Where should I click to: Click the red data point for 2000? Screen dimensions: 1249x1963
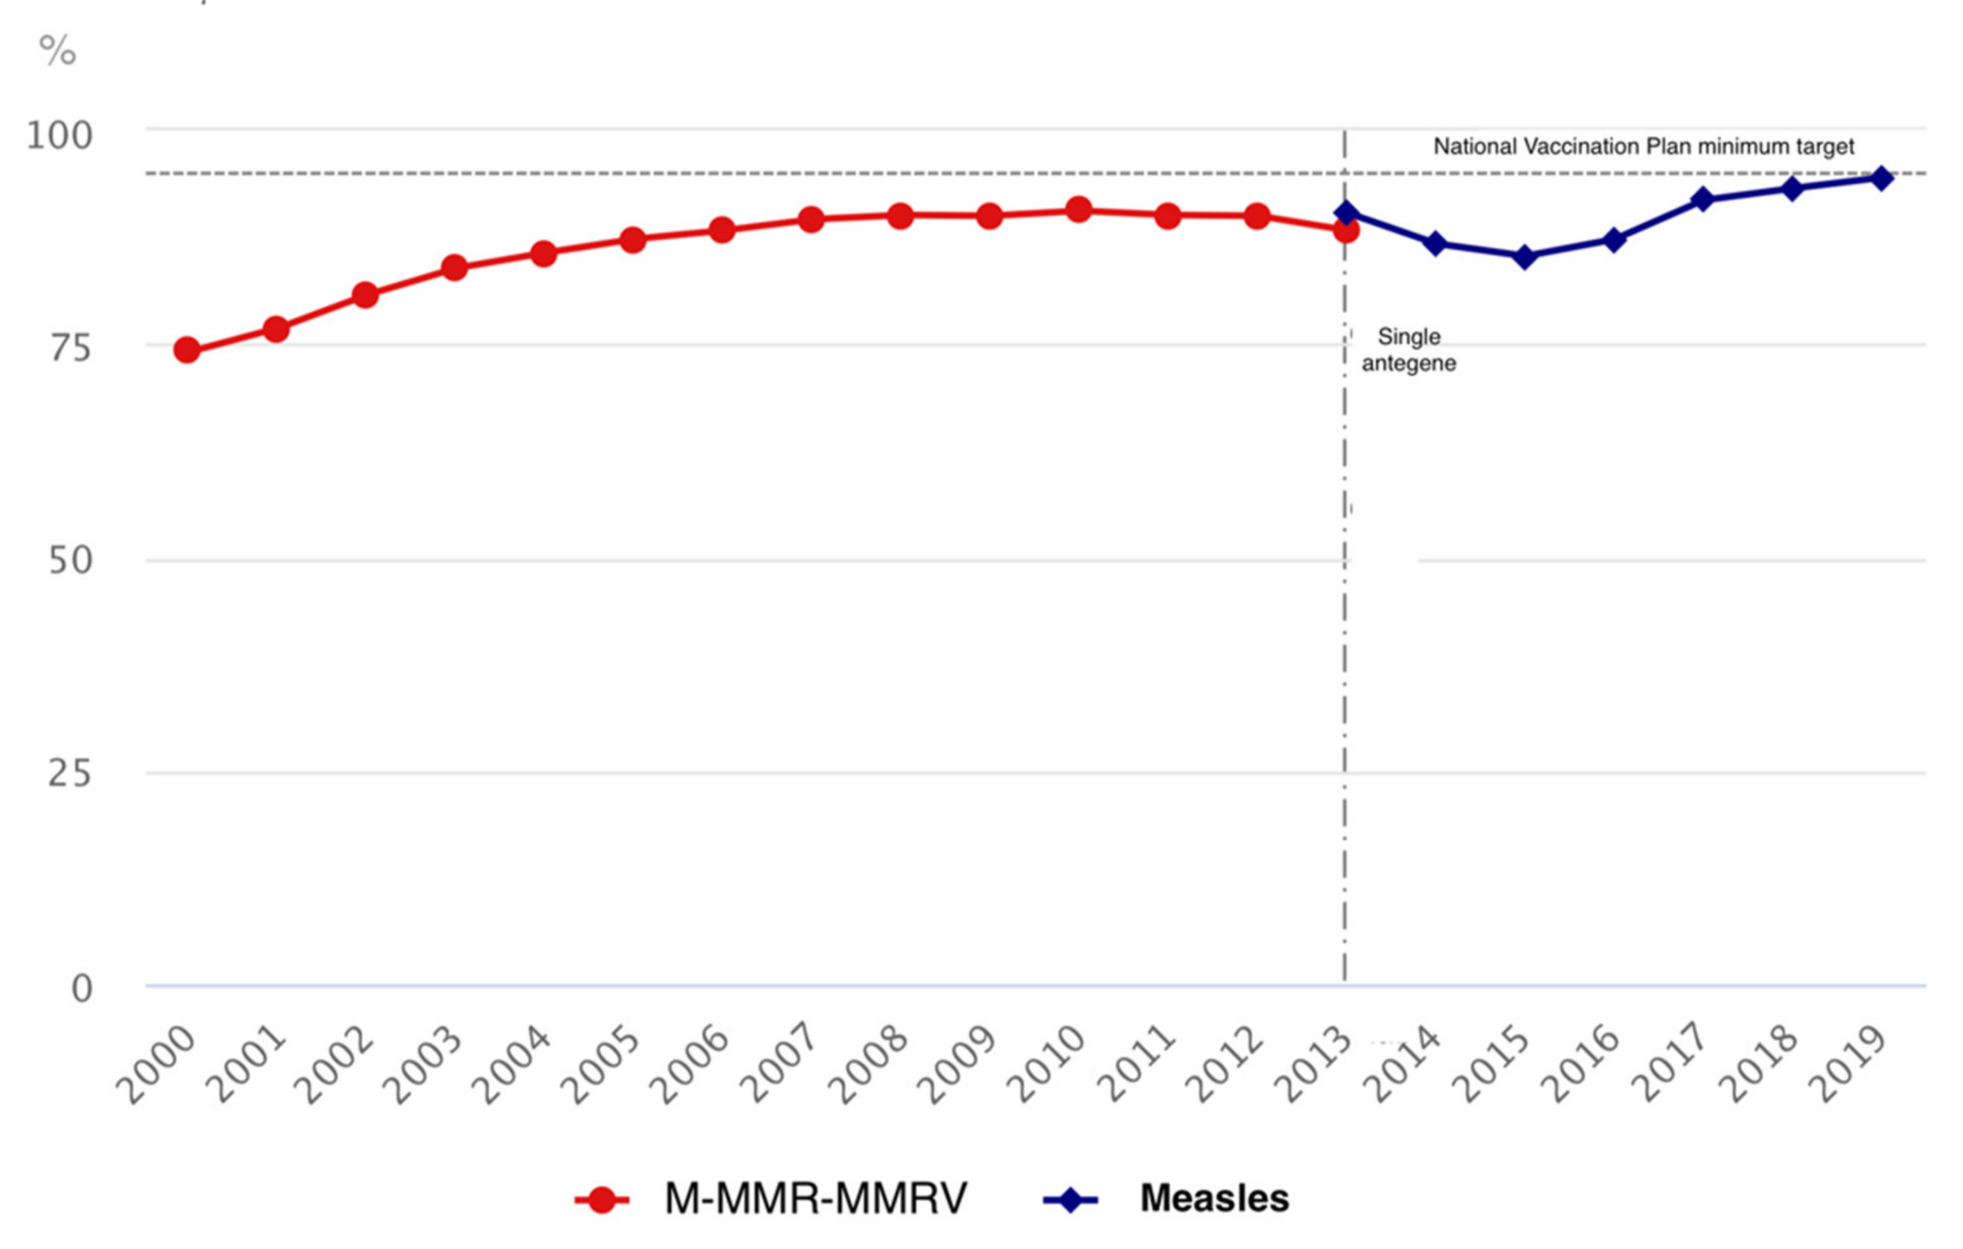(x=187, y=350)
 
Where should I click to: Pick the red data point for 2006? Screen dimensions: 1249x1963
(x=722, y=231)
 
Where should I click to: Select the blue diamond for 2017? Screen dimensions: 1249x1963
(x=1702, y=200)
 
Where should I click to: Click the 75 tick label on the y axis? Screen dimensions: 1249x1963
(x=70, y=349)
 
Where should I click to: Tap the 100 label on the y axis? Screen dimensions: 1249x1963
(x=60, y=135)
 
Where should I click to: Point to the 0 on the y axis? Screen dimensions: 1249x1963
(x=81, y=989)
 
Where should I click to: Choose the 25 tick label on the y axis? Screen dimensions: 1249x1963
(x=70, y=774)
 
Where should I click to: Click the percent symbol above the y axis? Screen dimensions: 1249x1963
(x=57, y=51)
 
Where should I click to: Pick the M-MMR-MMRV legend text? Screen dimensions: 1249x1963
(x=815, y=1198)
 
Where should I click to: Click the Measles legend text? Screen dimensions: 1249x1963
(x=1214, y=1198)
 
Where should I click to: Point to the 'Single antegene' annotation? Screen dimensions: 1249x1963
(x=1409, y=350)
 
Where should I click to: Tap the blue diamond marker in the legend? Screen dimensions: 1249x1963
(x=1070, y=1199)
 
